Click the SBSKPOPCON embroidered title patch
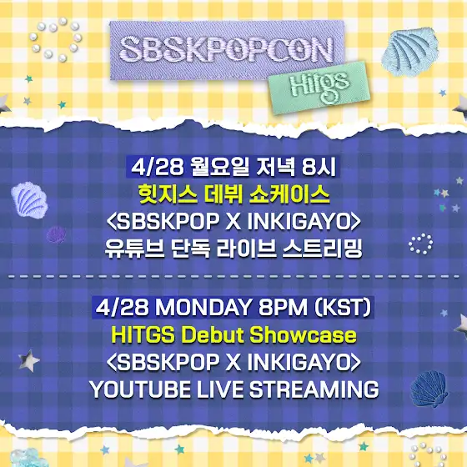[x=227, y=50]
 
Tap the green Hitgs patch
[x=319, y=88]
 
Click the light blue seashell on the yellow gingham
[x=409, y=52]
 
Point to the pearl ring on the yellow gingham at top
[x=55, y=39]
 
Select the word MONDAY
[x=203, y=308]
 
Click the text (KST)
[x=343, y=308]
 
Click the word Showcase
[x=303, y=335]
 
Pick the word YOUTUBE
[x=140, y=389]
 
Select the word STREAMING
[x=314, y=389]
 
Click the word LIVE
[x=220, y=389]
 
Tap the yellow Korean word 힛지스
[x=168, y=195]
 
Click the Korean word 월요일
[x=220, y=167]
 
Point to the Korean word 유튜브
[x=134, y=249]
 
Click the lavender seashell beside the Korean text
[x=29, y=200]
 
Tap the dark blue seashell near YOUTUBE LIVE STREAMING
[x=429, y=388]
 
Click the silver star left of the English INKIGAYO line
[x=28, y=361]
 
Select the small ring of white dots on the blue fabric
[x=420, y=244]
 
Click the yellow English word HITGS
[x=143, y=335]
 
